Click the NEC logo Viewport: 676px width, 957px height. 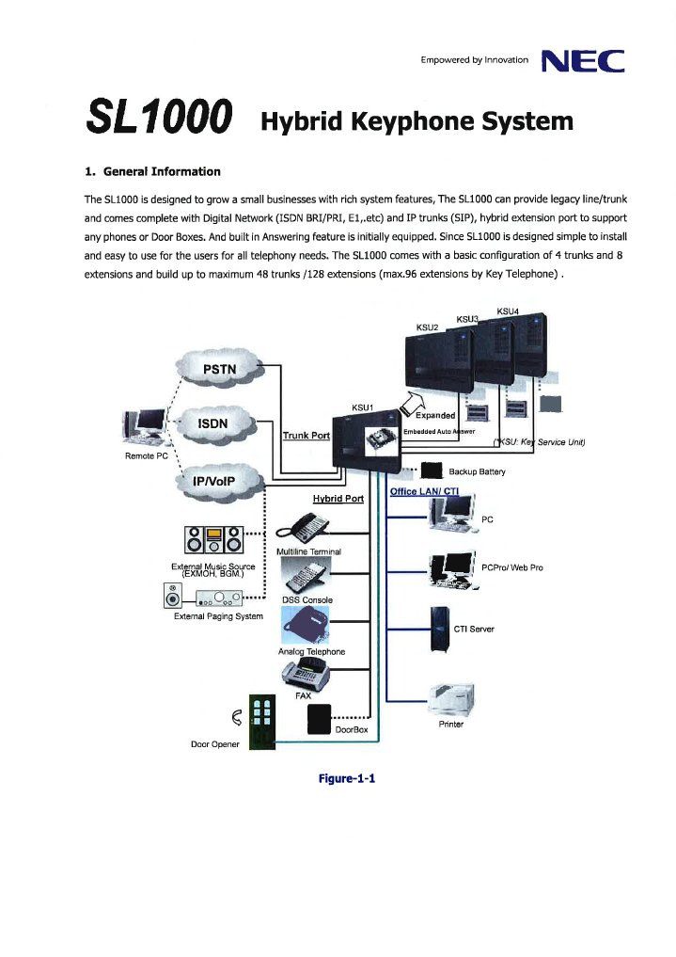coord(584,61)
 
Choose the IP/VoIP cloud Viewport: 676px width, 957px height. coord(215,482)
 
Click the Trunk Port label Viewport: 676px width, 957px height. coord(306,435)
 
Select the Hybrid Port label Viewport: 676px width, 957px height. coord(338,498)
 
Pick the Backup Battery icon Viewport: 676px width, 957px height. coord(432,471)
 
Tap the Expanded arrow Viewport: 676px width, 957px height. coord(418,407)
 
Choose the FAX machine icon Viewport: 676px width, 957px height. coord(304,674)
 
